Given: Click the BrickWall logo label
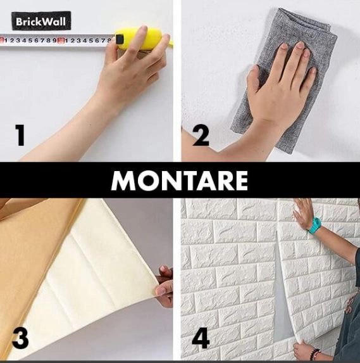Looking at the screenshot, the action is (41, 21).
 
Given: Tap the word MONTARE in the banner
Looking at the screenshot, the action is (180, 181).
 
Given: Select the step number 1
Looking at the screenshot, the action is (20, 135).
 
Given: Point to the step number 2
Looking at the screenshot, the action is (201, 135).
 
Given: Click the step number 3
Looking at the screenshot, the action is (20, 339).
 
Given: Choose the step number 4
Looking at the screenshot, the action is (201, 339).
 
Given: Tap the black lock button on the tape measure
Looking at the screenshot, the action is (120, 39).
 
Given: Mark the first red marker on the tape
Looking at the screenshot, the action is (2, 41).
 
